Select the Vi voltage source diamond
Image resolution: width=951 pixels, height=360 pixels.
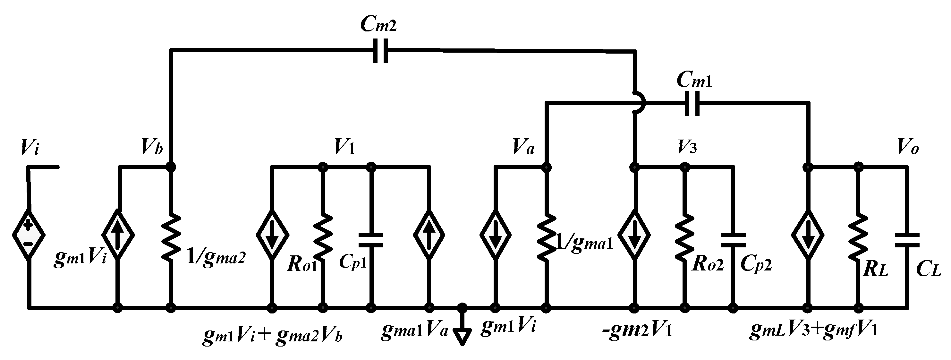29,235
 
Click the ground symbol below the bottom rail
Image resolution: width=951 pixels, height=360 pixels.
462,336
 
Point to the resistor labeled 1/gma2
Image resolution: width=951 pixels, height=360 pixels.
171,236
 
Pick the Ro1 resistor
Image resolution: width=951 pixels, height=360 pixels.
323,236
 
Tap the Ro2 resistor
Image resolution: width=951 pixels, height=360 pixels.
685,236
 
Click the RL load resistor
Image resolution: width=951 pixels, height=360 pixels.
858,236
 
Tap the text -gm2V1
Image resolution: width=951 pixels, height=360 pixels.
637,329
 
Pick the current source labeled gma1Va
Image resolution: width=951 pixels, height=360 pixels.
429,235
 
